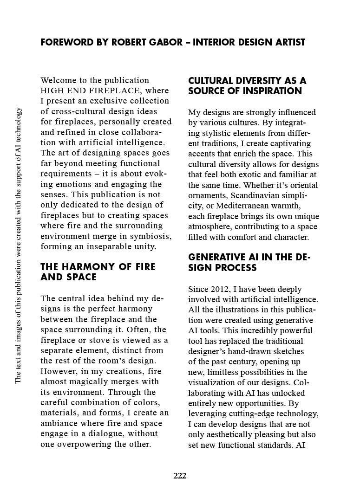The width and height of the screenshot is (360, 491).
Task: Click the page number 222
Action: tap(180, 476)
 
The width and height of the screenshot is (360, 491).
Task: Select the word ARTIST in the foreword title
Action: tap(288, 42)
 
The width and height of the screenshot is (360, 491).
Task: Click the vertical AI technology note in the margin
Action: tap(18, 245)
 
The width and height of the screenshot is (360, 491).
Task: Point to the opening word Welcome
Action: tap(58, 80)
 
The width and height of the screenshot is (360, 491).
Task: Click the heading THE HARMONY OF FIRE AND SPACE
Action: tap(98, 272)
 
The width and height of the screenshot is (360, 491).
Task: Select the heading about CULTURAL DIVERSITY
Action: tap(247, 86)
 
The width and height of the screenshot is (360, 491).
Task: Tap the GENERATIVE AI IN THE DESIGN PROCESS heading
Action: tap(249, 263)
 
